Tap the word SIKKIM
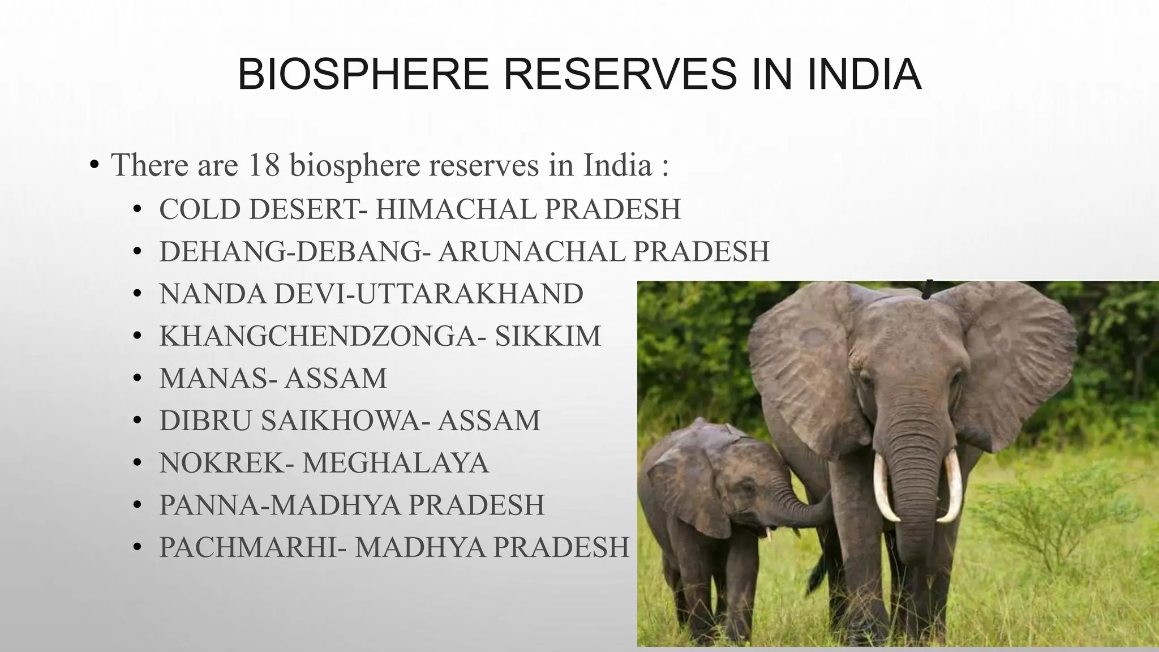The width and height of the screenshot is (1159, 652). click(547, 336)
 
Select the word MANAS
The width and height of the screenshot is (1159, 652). click(214, 378)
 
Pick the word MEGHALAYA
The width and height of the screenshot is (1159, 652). click(395, 463)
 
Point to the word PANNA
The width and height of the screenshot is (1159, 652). click(208, 505)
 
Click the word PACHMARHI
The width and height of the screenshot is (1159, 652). click(248, 547)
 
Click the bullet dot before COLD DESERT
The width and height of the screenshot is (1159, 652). click(136, 210)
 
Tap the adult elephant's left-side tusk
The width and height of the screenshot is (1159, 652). click(885, 487)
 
